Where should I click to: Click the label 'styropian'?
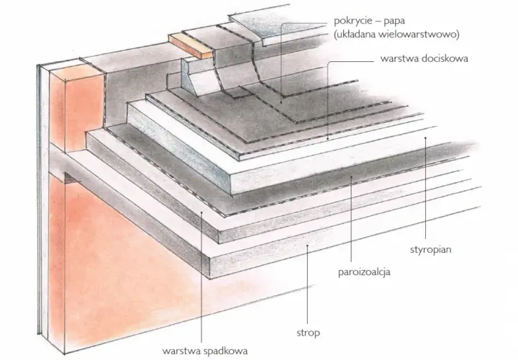point(430,250)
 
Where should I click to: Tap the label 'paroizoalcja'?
point(364,272)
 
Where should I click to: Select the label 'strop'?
point(308,333)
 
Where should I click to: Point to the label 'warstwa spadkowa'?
point(205,351)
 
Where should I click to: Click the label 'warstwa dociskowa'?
point(424,58)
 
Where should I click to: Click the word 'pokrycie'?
point(353,21)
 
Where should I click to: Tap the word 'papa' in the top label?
point(394,22)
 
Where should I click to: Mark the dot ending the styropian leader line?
point(425,138)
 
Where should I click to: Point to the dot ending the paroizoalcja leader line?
point(352,177)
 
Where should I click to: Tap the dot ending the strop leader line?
point(308,246)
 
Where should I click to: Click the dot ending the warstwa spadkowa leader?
point(201,212)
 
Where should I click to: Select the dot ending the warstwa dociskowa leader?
point(328,139)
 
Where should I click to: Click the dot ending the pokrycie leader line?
point(281,102)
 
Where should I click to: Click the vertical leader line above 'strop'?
point(308,284)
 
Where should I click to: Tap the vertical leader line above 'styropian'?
point(425,188)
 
